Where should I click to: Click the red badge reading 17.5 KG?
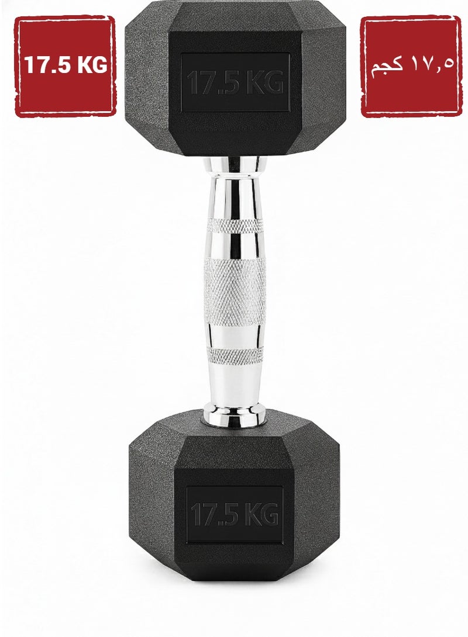coord(65,66)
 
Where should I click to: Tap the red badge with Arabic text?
coord(411,66)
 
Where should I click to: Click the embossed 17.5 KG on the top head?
coord(235,82)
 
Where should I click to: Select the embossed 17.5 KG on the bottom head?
coord(234,514)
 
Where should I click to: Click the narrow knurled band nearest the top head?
coord(235,226)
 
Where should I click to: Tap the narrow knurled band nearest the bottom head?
coord(235,355)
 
